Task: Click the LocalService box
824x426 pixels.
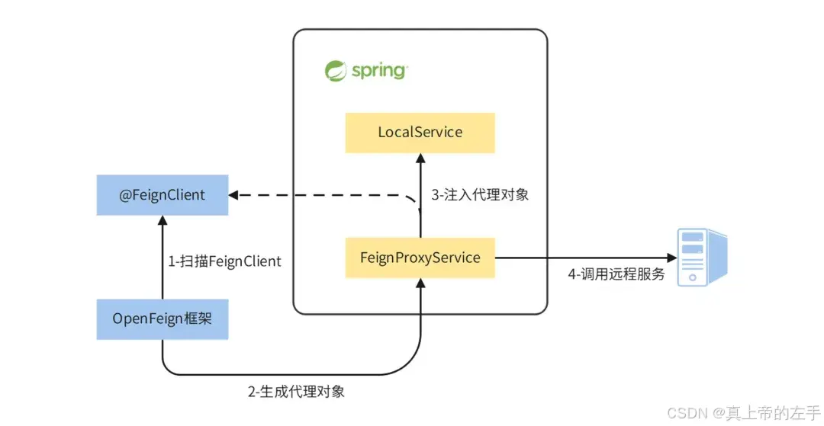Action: coord(420,133)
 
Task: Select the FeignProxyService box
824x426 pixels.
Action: coord(420,258)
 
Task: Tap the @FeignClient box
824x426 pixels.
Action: coord(163,195)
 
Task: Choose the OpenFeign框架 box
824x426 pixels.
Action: coord(163,319)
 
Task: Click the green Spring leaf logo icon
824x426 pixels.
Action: coord(335,71)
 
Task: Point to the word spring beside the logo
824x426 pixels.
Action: coord(379,71)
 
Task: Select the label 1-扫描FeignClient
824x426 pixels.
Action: coord(224,261)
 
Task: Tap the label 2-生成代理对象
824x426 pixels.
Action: coord(296,392)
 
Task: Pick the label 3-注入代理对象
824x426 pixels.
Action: coord(480,195)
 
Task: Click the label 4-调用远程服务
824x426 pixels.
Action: coord(616,274)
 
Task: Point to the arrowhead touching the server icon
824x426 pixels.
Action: coord(671,258)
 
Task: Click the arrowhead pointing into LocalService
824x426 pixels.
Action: coord(420,158)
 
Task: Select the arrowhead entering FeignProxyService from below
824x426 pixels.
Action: coord(420,283)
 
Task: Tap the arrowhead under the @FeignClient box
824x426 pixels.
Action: coord(163,220)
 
